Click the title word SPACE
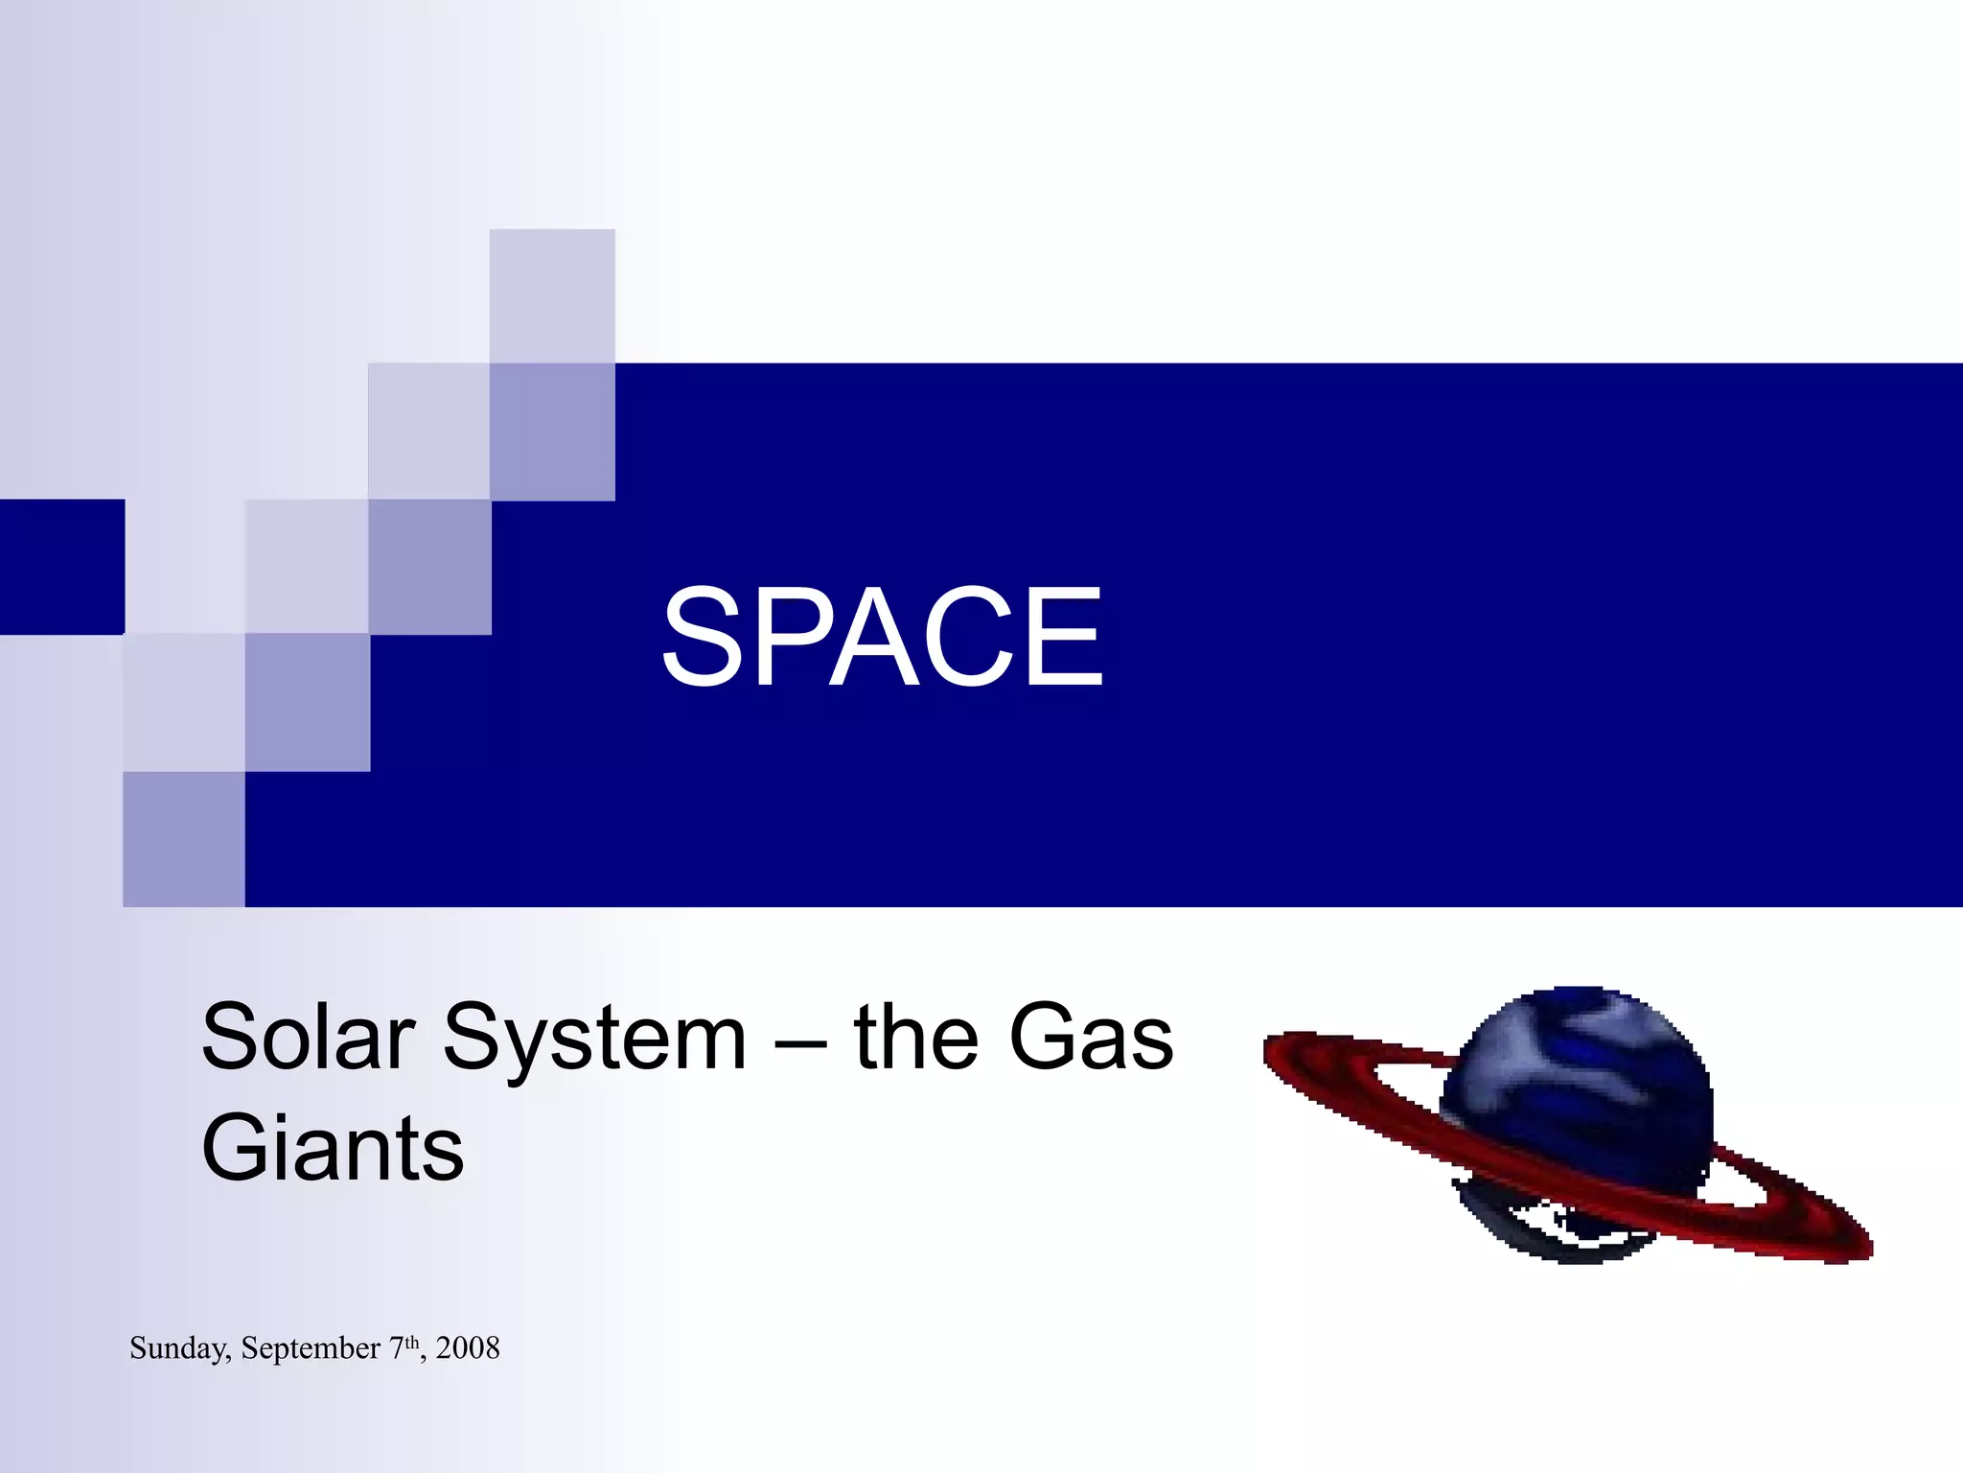[x=882, y=638]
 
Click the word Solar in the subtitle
[x=308, y=1038]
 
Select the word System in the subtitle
[x=594, y=1038]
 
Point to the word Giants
[x=333, y=1149]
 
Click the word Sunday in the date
[x=179, y=1348]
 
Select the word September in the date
[x=311, y=1348]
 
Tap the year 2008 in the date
[x=468, y=1348]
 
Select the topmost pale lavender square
[x=552, y=295]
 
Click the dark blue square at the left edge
[x=61, y=567]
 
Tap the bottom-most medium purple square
[x=184, y=839]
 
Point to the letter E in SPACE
[x=1067, y=638]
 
